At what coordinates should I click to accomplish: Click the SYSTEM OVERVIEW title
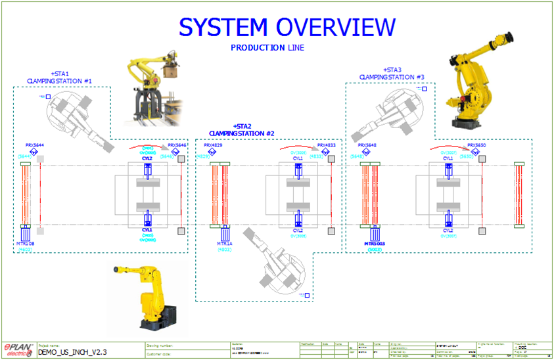click(x=287, y=27)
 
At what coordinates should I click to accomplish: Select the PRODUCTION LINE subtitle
click(x=267, y=48)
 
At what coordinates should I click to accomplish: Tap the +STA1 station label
click(x=60, y=74)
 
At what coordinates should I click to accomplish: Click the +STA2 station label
click(x=241, y=126)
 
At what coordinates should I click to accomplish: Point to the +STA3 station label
click(x=392, y=70)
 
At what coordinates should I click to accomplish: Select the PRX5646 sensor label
click(x=177, y=145)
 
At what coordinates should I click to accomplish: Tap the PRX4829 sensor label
click(x=213, y=145)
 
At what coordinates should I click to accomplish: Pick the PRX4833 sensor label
click(x=327, y=145)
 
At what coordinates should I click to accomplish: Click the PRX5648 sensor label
click(x=367, y=145)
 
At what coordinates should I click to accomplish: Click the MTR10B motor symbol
click(x=26, y=234)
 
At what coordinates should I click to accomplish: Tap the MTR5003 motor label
click(x=375, y=244)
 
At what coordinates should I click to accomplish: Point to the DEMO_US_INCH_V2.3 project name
click(x=72, y=352)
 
